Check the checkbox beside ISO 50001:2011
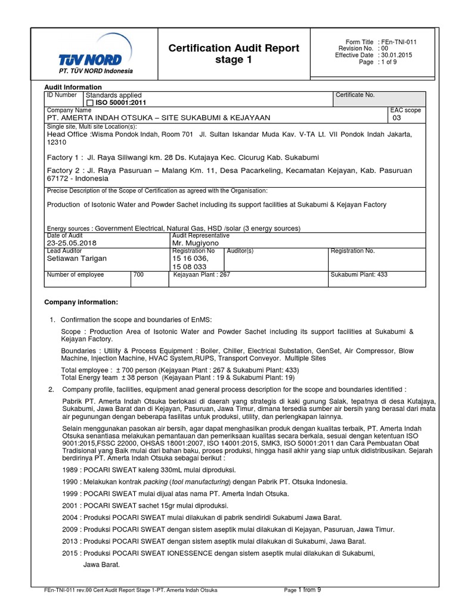tap(90, 103)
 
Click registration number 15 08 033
tap(190, 267)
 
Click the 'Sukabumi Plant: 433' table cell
tap(359, 275)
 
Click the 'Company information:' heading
tap(81, 302)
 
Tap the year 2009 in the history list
tap(71, 529)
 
